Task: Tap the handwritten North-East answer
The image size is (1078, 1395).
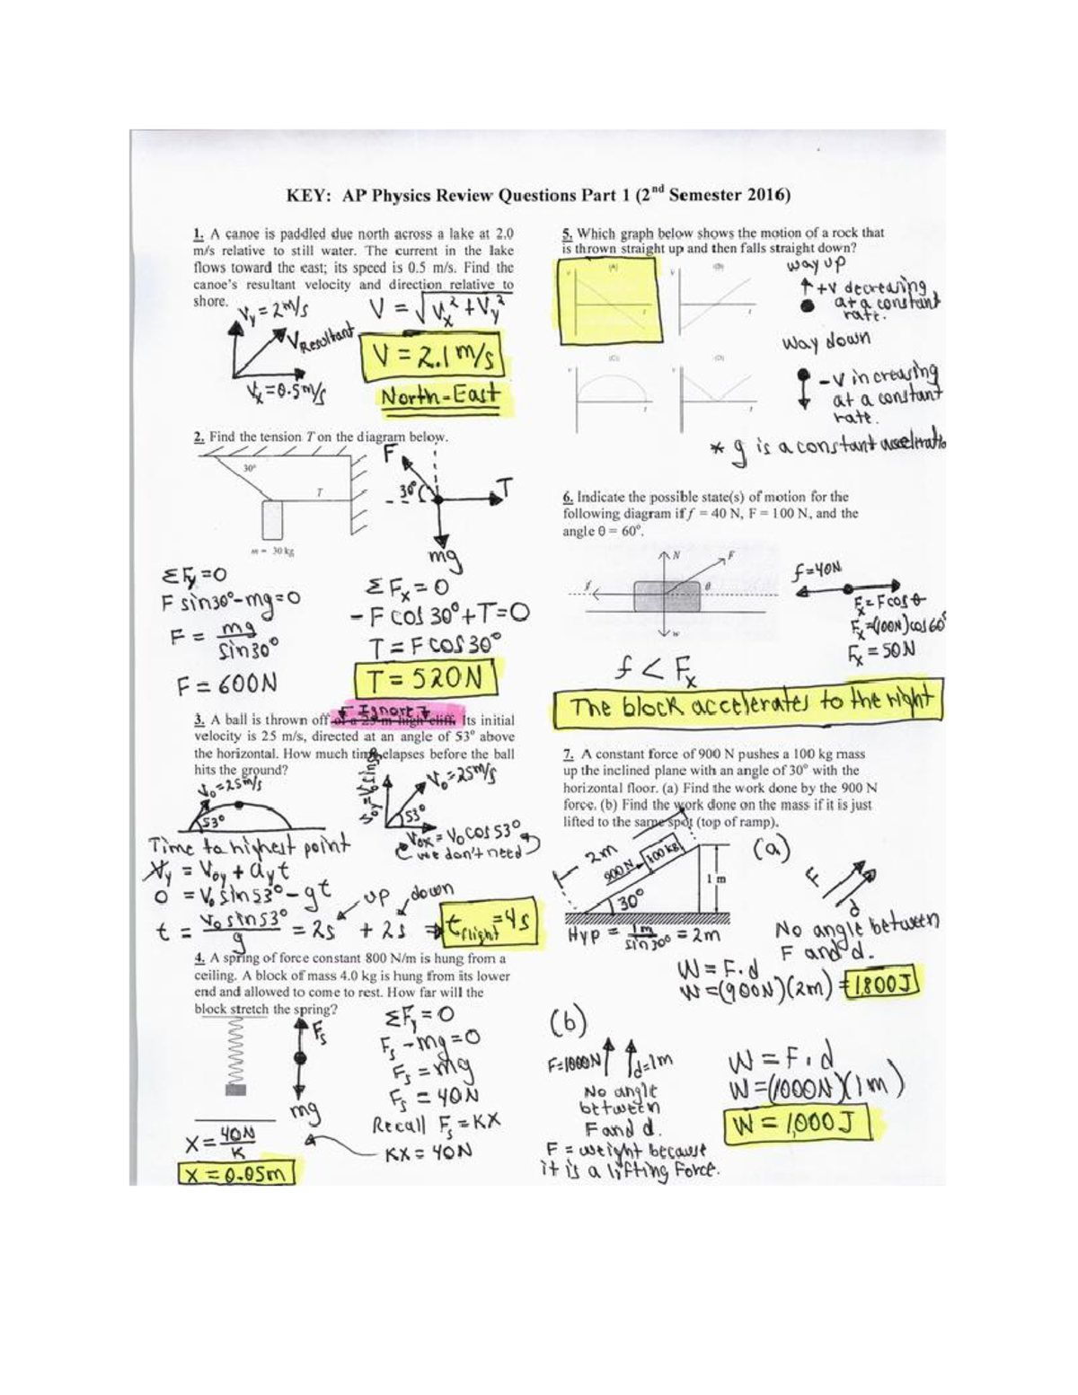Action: tap(439, 397)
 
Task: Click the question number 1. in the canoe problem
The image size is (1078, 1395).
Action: tap(199, 233)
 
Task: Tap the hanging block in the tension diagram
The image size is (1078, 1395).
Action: tap(271, 520)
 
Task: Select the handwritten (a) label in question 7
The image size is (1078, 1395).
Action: tap(772, 846)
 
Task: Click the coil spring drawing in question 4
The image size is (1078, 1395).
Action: tap(234, 1050)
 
